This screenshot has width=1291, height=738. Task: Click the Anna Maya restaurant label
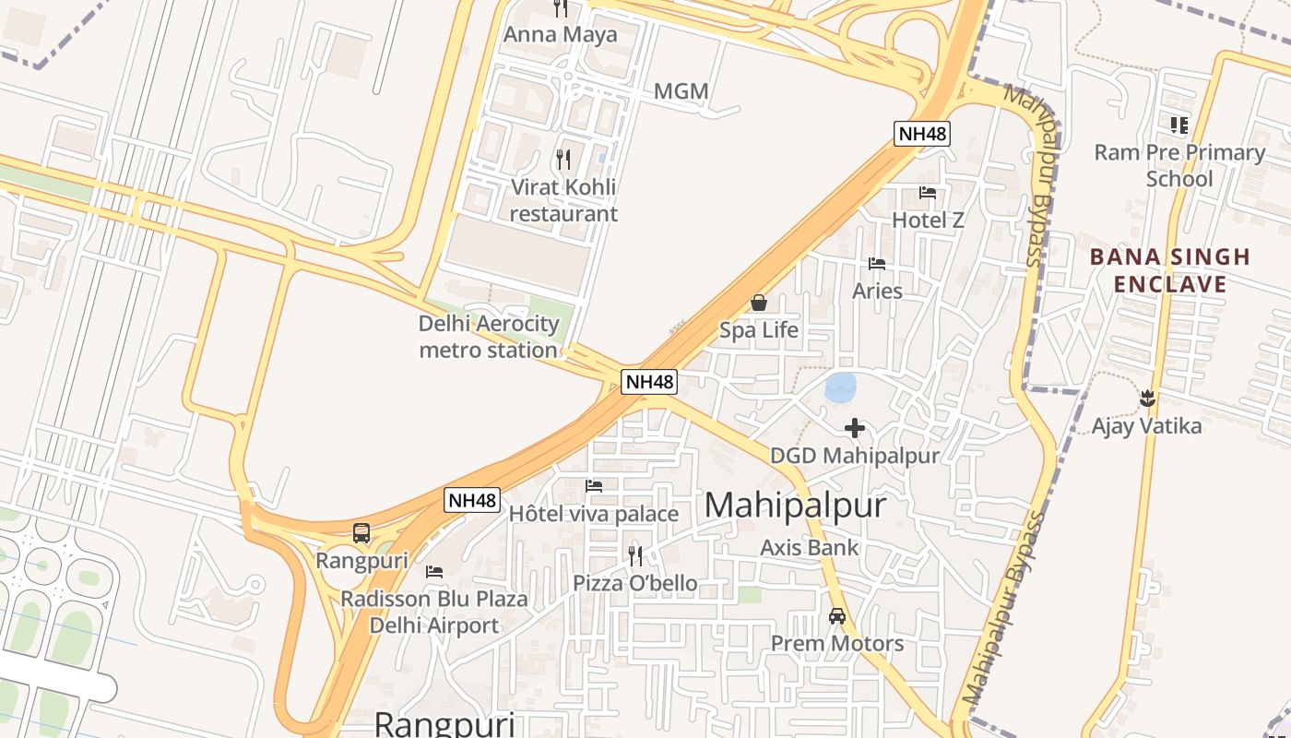[560, 34]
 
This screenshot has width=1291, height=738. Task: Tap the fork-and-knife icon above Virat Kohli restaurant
[563, 160]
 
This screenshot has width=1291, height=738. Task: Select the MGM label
[681, 91]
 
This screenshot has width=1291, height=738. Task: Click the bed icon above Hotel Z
[928, 193]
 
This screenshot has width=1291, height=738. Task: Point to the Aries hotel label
[877, 291]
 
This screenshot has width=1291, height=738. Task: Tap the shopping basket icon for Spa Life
[758, 303]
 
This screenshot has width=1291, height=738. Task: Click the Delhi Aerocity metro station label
[489, 337]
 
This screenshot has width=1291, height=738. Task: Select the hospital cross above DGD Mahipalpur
[855, 428]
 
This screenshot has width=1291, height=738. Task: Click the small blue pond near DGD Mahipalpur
[840, 387]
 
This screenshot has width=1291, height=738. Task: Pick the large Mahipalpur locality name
[795, 506]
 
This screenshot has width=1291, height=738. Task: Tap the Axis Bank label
[809, 547]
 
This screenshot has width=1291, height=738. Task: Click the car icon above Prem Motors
[837, 616]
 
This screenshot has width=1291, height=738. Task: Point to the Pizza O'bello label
[634, 583]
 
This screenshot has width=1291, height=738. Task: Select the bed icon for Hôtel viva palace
[594, 486]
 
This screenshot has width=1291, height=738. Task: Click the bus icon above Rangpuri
[361, 533]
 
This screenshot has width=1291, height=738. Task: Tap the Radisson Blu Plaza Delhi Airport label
[434, 612]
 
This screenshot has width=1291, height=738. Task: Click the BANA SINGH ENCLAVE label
[1169, 269]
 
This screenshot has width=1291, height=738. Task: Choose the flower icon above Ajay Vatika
[1147, 399]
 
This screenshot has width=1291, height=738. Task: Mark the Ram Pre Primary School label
[1178, 165]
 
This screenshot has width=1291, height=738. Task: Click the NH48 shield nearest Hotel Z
[921, 134]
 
